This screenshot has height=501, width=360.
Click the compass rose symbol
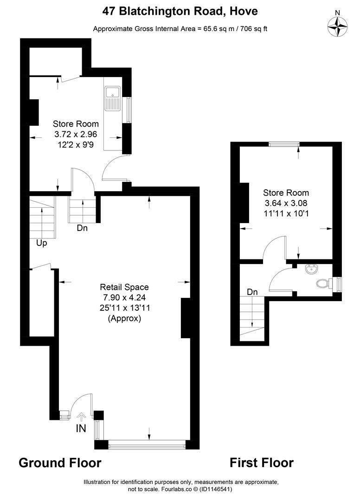[x=338, y=26]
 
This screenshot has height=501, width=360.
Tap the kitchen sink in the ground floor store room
[x=112, y=98]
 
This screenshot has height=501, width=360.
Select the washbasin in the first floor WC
[x=311, y=269]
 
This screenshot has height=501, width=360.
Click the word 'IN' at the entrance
[x=81, y=429]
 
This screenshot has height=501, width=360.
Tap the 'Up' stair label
[x=42, y=243]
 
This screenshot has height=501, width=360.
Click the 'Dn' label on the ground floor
[x=82, y=228]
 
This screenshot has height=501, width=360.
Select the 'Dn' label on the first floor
[x=252, y=292]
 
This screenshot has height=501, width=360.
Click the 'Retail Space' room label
[x=125, y=287]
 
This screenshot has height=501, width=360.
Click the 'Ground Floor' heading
[x=60, y=462]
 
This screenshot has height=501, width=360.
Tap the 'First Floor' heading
[x=262, y=462]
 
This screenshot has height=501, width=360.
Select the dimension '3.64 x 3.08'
[x=286, y=203]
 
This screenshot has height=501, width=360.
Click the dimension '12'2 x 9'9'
[x=76, y=144]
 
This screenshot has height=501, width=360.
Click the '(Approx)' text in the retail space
[x=124, y=318]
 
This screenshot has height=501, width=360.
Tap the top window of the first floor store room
[x=283, y=144]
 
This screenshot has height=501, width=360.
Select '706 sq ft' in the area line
[x=251, y=29]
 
